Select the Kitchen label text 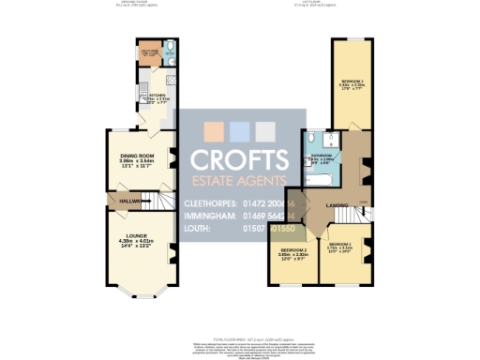coord(156,96)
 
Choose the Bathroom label coord(323,157)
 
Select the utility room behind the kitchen coord(149,53)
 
